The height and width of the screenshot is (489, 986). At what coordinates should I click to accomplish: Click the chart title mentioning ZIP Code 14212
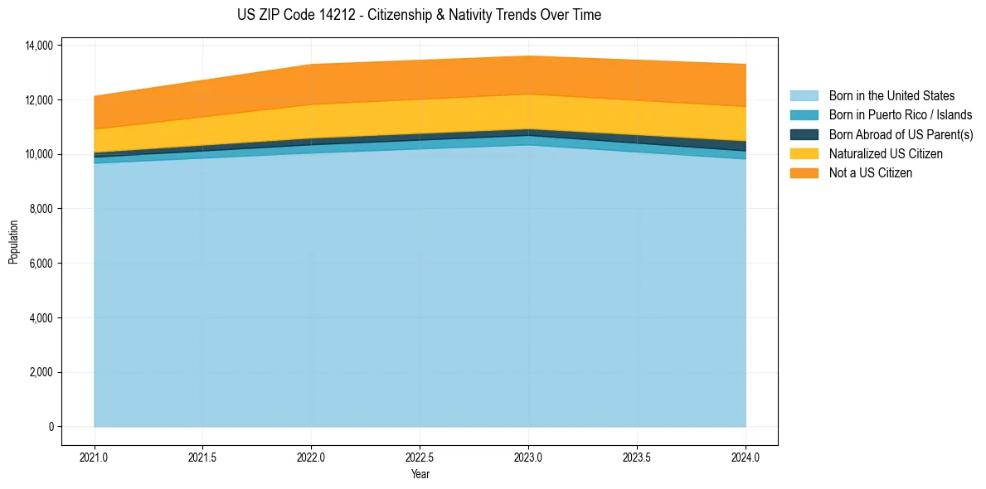419,15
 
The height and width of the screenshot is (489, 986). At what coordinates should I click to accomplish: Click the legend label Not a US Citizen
871,173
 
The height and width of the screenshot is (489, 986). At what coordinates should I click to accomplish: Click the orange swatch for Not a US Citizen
804,173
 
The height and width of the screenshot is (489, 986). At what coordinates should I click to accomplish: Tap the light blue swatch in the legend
804,96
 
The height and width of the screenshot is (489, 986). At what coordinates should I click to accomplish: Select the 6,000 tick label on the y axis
41,264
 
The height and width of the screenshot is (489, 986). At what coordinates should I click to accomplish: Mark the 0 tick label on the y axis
51,427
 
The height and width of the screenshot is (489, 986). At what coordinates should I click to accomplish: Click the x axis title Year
420,475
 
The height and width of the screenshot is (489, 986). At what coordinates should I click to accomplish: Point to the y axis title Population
13,242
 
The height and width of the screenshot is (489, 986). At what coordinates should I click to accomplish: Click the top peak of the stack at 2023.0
528,56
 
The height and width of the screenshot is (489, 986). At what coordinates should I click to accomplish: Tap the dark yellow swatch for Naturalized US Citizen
804,154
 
